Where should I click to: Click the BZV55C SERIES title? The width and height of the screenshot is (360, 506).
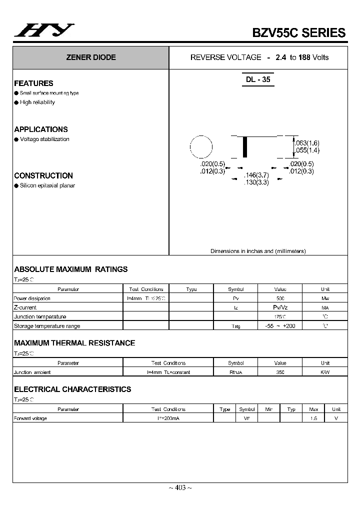click(298, 32)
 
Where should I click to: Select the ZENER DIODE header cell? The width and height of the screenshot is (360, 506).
click(90, 57)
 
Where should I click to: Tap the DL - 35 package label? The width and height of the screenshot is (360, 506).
click(258, 79)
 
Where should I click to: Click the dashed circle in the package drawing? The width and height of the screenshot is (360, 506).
click(201, 146)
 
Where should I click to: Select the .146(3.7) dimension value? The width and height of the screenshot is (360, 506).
click(256, 175)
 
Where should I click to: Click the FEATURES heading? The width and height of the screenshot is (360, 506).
click(33, 83)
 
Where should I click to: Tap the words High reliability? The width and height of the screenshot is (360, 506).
click(37, 102)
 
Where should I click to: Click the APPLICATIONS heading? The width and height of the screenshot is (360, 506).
click(41, 129)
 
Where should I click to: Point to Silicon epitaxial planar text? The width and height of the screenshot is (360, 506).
click(47, 185)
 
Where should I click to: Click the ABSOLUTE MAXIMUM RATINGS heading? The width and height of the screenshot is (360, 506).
click(71, 269)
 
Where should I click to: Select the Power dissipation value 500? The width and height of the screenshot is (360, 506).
click(280, 298)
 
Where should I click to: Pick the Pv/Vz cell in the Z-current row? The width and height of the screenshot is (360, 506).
click(280, 307)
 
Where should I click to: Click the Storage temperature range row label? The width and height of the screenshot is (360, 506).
click(46, 326)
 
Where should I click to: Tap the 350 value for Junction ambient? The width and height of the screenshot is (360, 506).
click(280, 372)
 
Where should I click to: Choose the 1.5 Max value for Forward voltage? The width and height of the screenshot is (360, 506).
click(313, 418)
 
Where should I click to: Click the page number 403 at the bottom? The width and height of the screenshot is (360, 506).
click(180, 488)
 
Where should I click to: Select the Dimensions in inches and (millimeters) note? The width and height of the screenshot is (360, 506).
click(258, 251)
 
